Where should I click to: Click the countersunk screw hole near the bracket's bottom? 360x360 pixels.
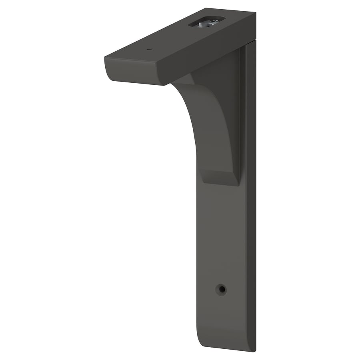[220, 289]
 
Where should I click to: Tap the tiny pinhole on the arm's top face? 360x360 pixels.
[149, 50]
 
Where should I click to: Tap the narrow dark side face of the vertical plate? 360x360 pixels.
[251, 200]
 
